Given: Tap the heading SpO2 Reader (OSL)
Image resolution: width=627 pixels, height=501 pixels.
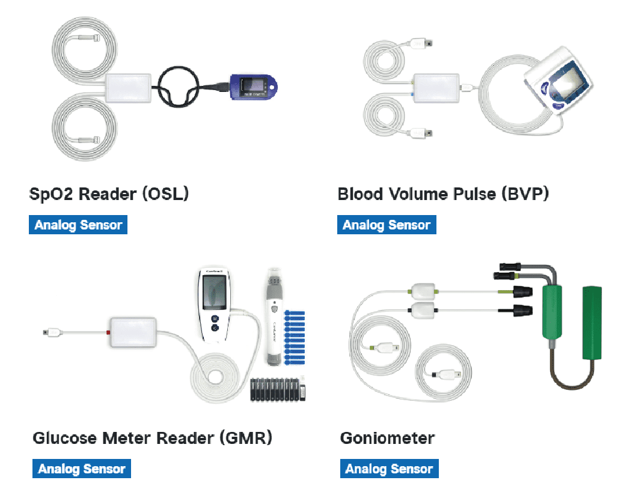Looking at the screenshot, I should pos(109,195).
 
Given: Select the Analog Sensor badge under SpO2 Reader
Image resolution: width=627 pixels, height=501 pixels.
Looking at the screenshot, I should pos(78,225).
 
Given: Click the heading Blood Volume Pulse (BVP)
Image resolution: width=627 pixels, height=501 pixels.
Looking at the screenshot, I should pos(443,195).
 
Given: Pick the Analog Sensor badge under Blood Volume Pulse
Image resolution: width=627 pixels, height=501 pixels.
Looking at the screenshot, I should pos(387,225).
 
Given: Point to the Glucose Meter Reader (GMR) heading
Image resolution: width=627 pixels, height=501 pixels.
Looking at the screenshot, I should pos(152,438).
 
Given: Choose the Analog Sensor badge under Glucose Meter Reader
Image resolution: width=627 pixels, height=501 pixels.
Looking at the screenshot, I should pos(82,469).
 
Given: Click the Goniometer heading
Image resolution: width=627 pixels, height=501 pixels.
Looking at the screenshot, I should pos(387,438).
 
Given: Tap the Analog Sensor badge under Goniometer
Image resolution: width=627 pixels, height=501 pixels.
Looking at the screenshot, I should pos(390,469).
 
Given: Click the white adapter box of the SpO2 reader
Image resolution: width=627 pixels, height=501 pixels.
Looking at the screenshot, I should pos(128,88).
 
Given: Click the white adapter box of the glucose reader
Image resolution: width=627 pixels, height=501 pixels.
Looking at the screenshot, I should pos(133,332).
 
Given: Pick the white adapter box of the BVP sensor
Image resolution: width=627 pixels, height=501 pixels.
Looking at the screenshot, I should pos(435,87).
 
